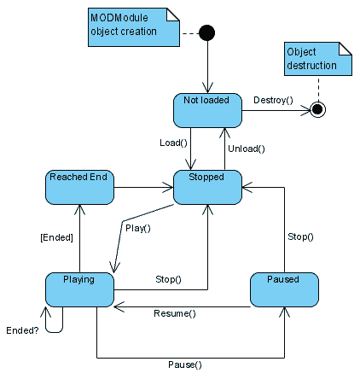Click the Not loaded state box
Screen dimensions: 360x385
(207, 110)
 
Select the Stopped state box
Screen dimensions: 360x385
(207, 187)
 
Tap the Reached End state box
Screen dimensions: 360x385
(79, 187)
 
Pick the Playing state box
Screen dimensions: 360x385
(79, 289)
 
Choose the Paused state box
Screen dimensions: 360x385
(284, 289)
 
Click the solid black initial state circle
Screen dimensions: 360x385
(207, 32)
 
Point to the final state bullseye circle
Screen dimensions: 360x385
(317, 109)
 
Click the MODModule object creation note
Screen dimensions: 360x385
(134, 27)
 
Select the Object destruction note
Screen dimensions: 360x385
(318, 59)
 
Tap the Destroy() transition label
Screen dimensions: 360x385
(273, 101)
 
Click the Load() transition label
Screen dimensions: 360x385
(173, 143)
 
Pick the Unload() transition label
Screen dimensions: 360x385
(247, 149)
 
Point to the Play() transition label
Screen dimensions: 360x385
(138, 228)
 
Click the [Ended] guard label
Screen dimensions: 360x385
(57, 237)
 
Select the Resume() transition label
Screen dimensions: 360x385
(175, 313)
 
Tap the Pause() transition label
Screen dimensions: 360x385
(185, 365)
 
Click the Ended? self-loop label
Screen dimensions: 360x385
(22, 330)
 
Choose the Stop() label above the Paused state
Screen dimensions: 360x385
(300, 236)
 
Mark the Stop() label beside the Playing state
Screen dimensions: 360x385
(168, 279)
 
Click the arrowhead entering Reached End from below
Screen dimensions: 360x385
(79, 209)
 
